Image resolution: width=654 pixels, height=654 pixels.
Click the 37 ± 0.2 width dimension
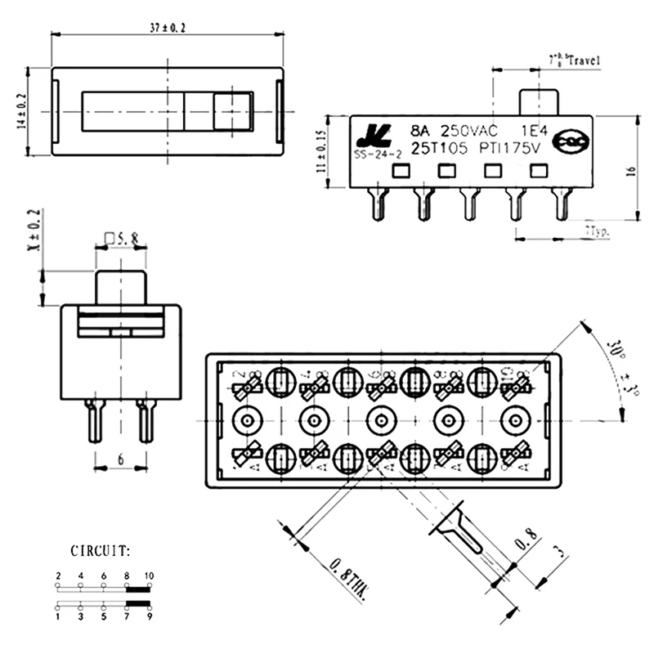click(x=167, y=28)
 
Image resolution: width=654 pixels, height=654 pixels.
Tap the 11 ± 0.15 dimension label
click(x=321, y=150)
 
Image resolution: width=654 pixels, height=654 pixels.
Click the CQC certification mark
click(x=570, y=143)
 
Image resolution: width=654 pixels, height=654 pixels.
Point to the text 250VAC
click(x=468, y=130)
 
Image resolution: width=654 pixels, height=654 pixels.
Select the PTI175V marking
click(x=511, y=148)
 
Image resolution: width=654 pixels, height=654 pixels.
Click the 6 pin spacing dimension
click(x=121, y=460)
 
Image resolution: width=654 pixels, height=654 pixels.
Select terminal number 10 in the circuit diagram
click(x=149, y=576)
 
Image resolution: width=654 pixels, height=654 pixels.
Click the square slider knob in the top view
click(x=231, y=110)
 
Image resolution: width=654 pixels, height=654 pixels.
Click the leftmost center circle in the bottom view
click(x=246, y=421)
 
